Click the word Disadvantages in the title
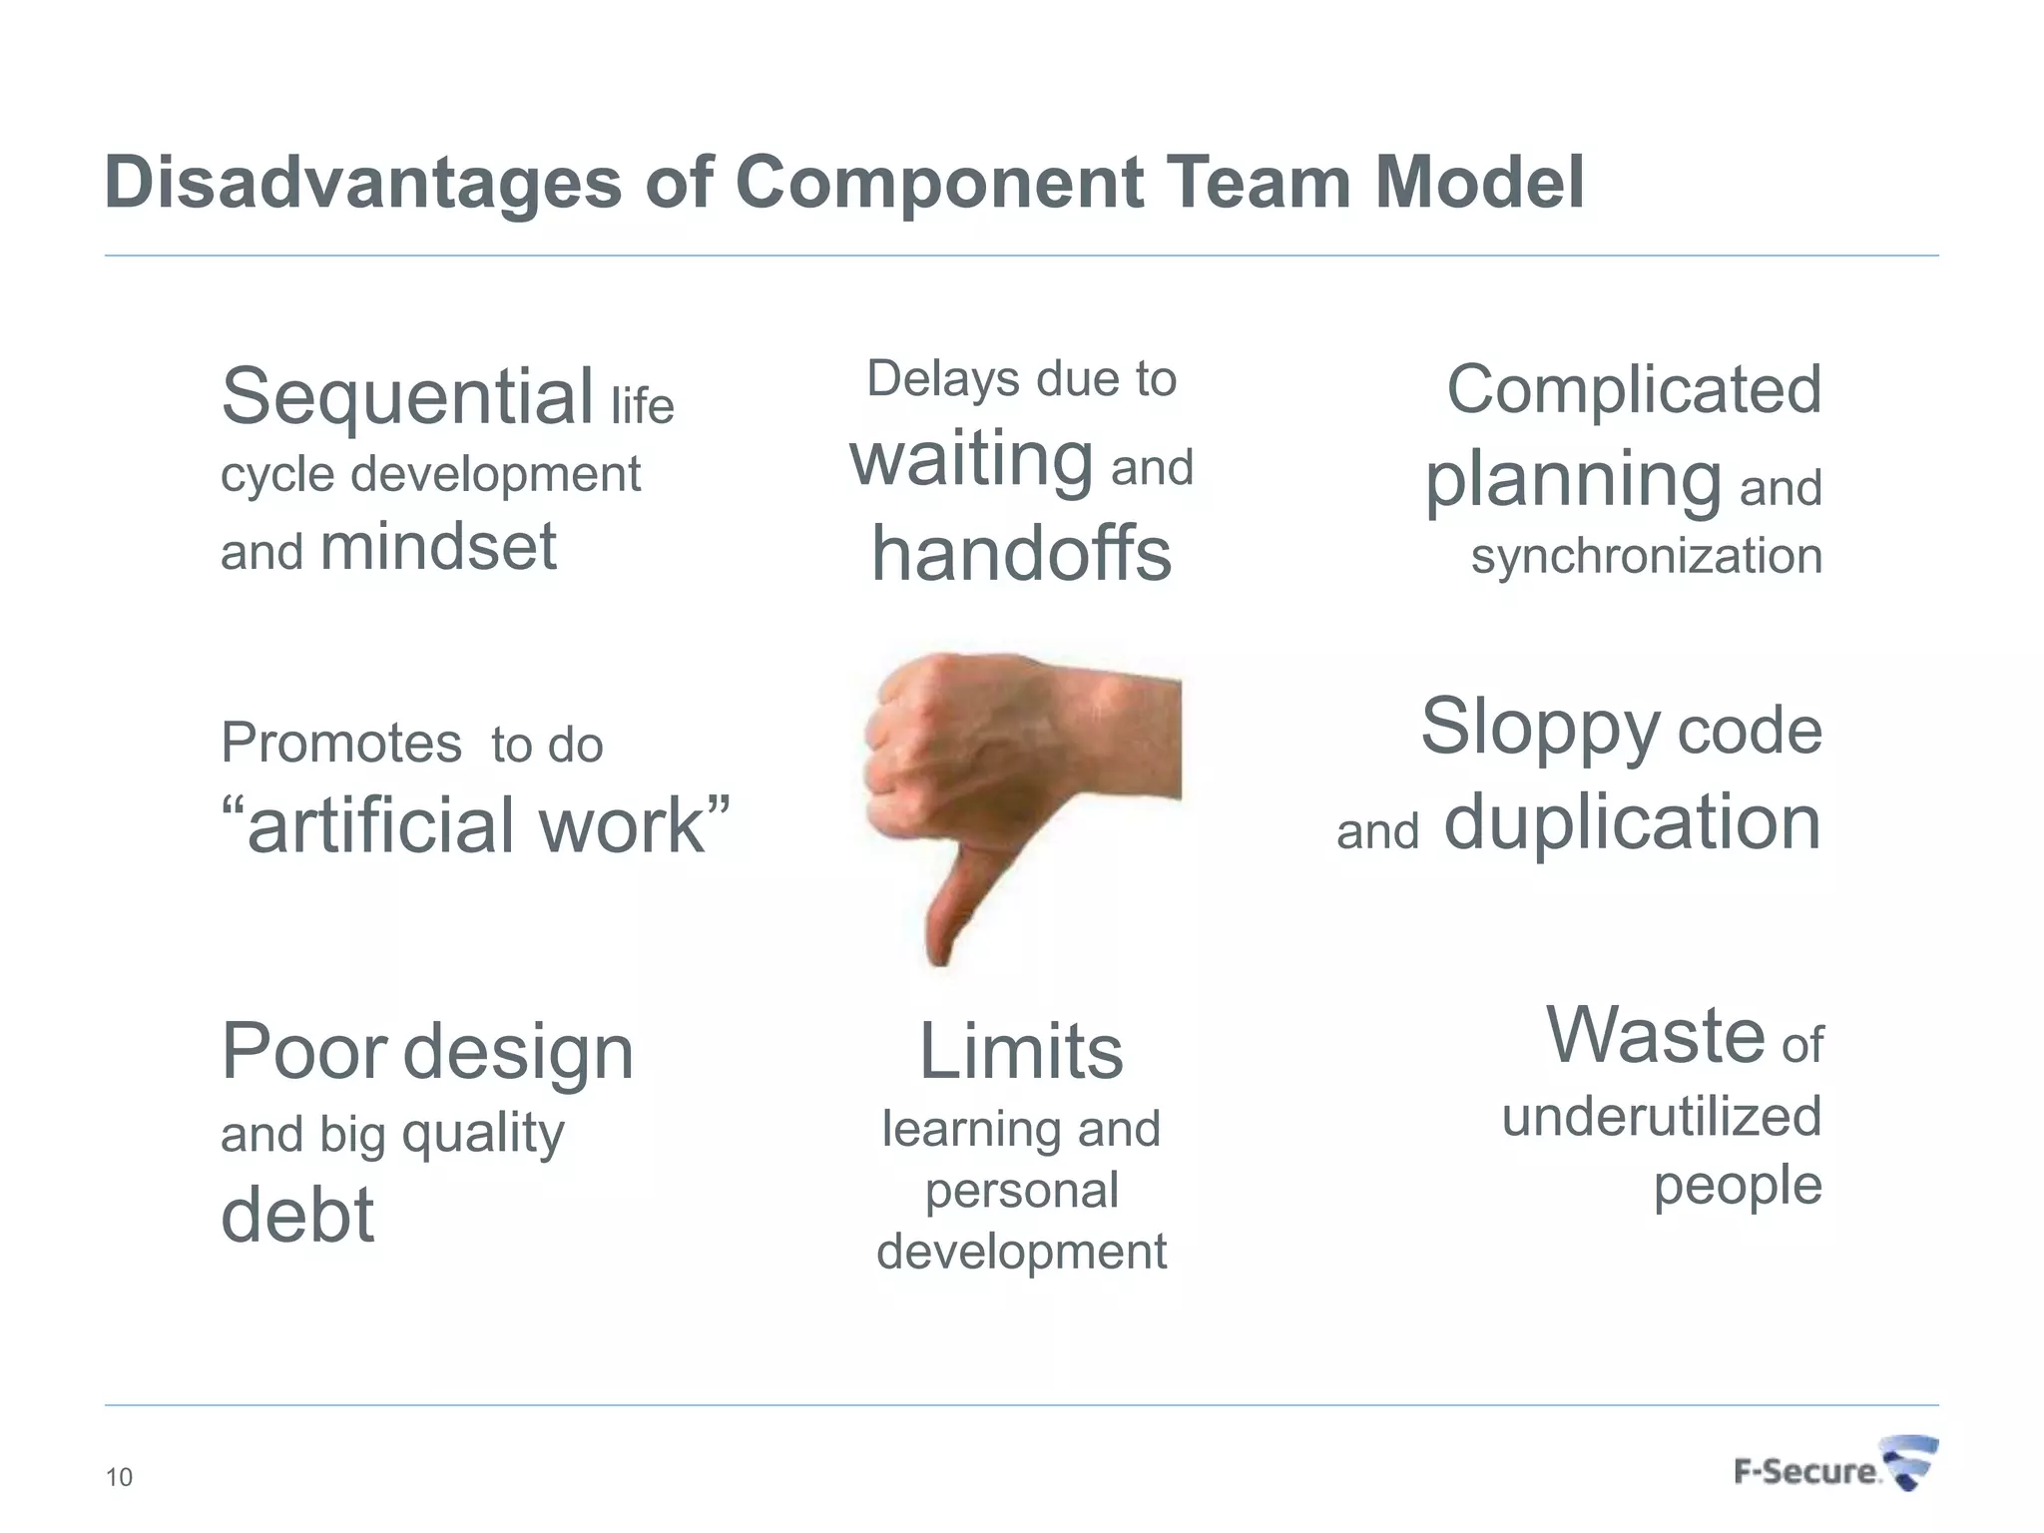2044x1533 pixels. click(362, 183)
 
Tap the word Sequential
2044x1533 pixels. click(407, 396)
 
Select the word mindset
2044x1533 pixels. click(438, 547)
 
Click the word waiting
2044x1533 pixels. click(971, 460)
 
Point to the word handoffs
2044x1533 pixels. click(1021, 554)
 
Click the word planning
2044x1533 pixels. click(1573, 481)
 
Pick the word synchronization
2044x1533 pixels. click(1646, 556)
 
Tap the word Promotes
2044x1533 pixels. click(341, 744)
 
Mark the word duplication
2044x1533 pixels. click(1632, 822)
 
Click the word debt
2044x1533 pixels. click(297, 1215)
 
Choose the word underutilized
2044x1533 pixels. click(1662, 1116)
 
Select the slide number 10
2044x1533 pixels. click(119, 1477)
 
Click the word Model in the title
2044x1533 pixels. click(1479, 183)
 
